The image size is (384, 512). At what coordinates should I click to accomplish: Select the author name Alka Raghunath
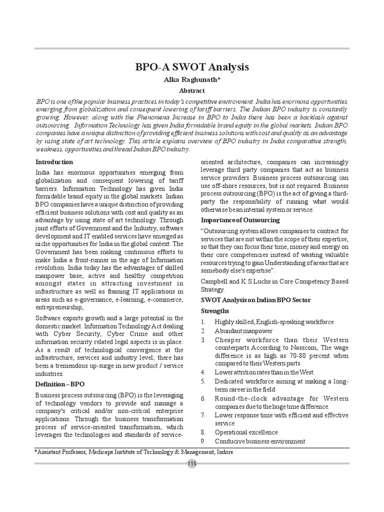pos(192,79)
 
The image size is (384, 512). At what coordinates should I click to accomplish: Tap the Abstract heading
pos(192,90)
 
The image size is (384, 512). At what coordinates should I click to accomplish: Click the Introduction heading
pos(54,162)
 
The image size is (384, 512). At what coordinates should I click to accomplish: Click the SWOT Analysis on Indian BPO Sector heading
pos(255,299)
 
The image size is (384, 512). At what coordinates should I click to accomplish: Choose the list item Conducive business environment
pos(259,441)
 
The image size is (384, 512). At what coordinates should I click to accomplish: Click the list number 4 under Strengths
pos(203,372)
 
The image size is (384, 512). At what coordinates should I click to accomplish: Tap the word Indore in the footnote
pos(223,452)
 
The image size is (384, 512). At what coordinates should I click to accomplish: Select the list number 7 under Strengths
pos(203,415)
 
